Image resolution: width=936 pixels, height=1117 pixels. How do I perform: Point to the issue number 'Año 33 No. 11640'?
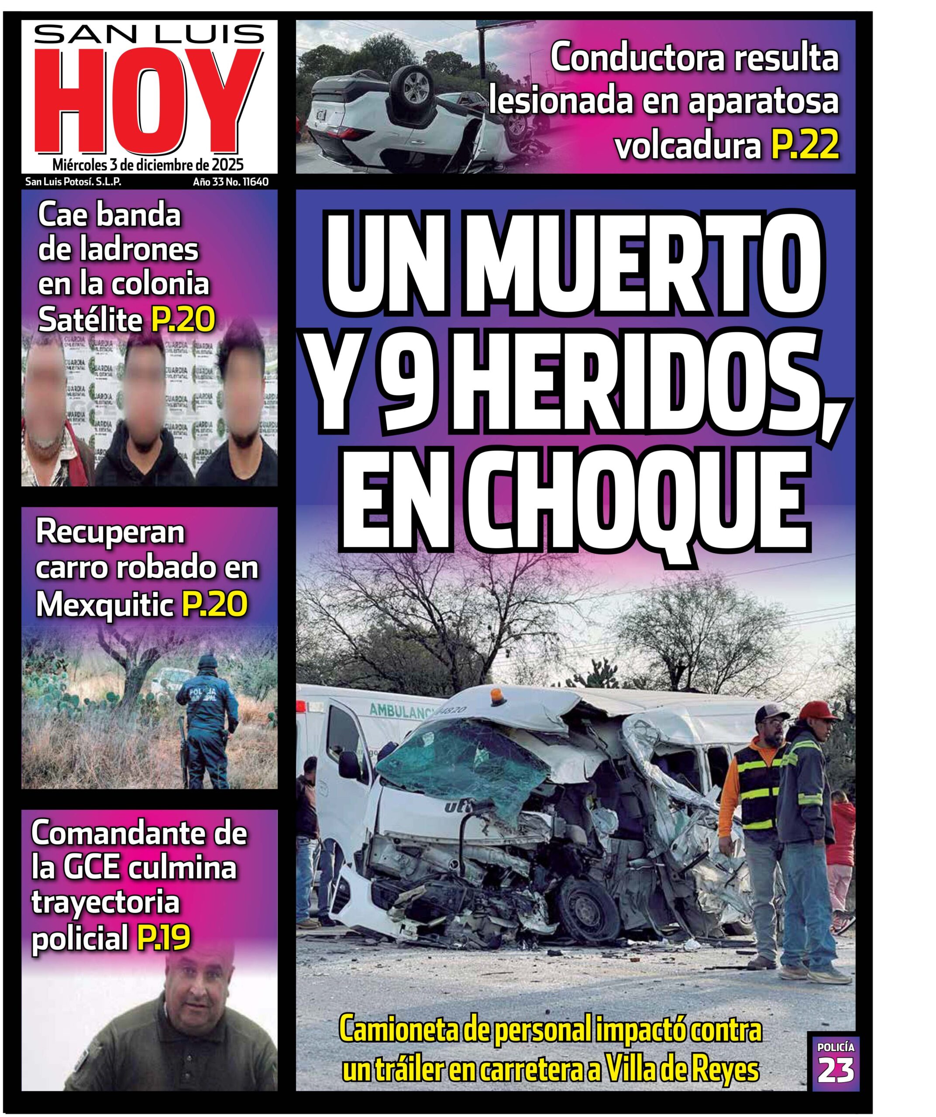231,182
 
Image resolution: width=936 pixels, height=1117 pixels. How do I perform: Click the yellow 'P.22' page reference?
804,146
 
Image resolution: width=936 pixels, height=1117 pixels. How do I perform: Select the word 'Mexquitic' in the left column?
105,605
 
